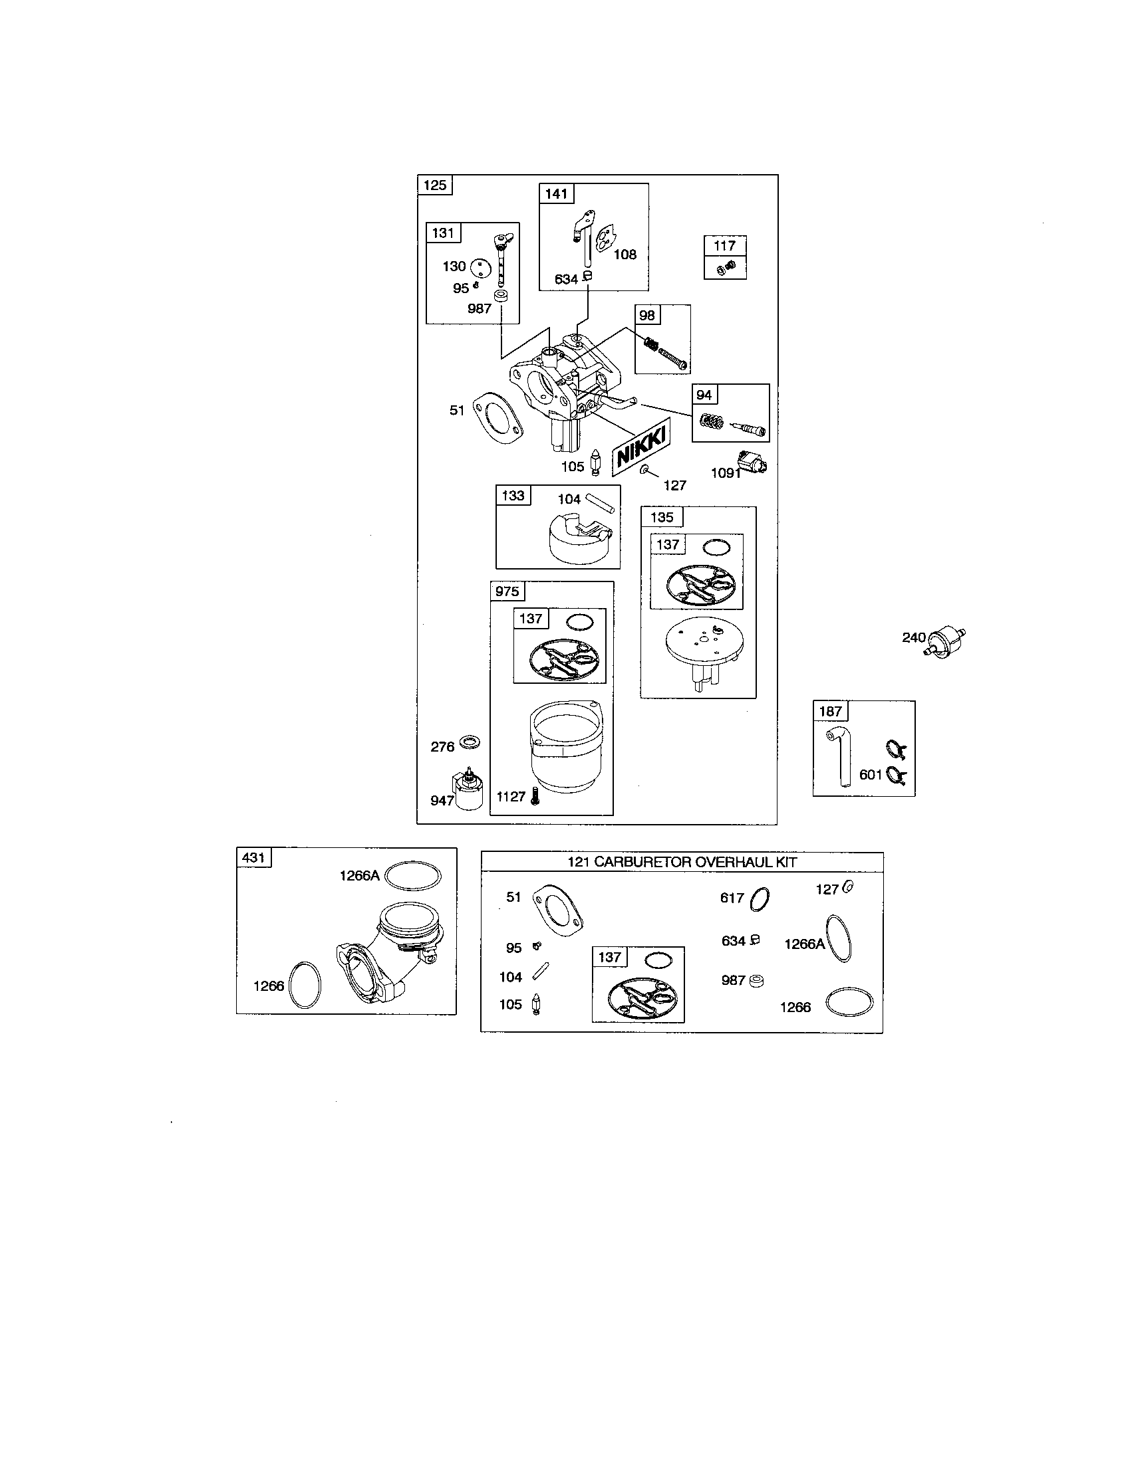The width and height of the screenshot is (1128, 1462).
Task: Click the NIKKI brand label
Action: click(x=642, y=447)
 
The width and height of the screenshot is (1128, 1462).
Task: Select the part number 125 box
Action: click(x=435, y=185)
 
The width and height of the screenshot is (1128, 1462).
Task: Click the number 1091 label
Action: click(x=726, y=473)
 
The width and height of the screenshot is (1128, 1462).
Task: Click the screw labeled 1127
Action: click(x=534, y=795)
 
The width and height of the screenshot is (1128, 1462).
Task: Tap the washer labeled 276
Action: click(x=472, y=743)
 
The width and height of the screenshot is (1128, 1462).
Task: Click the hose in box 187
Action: click(x=841, y=756)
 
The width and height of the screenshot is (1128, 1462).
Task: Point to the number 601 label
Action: click(x=871, y=774)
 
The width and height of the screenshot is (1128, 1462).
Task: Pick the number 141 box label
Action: click(x=556, y=194)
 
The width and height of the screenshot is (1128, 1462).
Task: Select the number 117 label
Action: click(x=724, y=246)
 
